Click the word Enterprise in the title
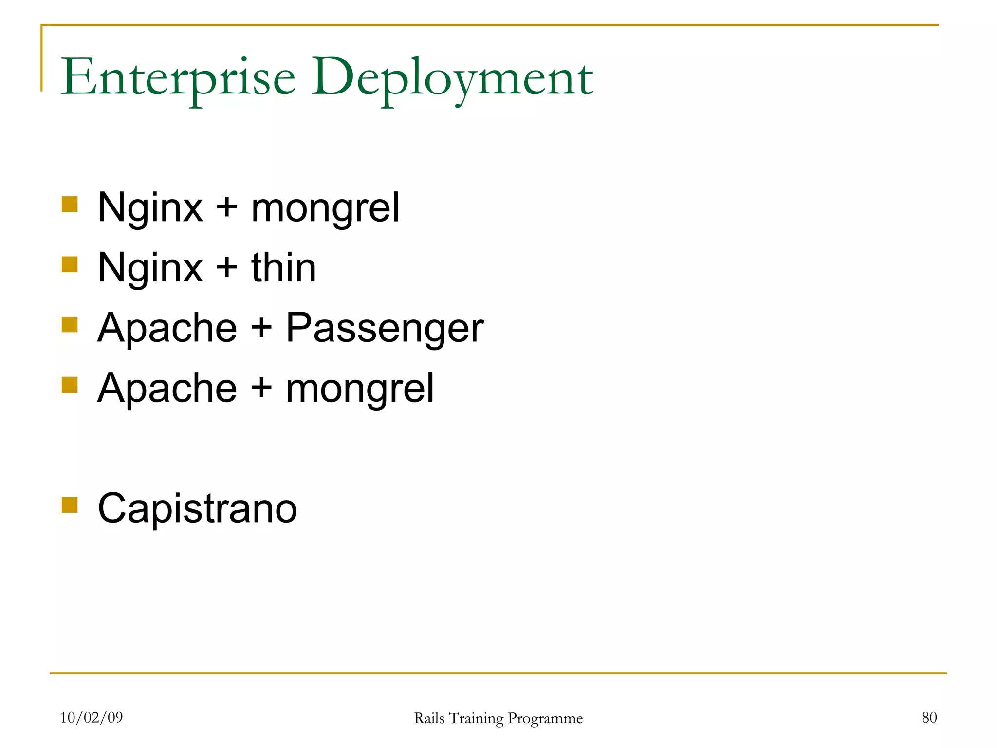(178, 78)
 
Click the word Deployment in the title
(452, 78)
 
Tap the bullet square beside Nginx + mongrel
(70, 205)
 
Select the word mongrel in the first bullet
(325, 208)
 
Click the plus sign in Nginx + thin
(226, 268)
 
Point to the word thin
(284, 268)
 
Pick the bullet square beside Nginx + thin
(70, 264)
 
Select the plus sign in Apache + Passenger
(261, 328)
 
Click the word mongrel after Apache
(359, 389)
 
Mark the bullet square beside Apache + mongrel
(70, 385)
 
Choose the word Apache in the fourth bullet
(167, 389)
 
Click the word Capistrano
(197, 508)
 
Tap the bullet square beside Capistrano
(70, 505)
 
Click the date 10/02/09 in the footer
(92, 717)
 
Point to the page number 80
(929, 717)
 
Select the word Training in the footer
(476, 719)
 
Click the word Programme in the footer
(545, 719)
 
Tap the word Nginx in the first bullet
(150, 208)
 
